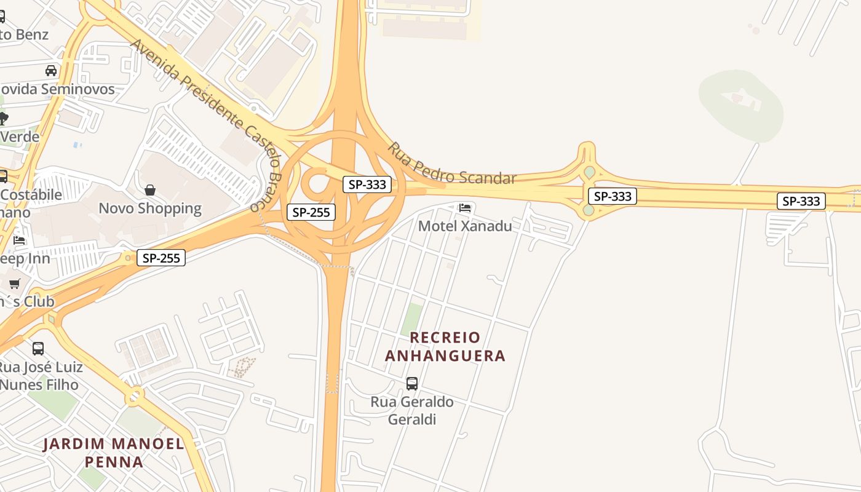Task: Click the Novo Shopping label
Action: tap(150, 208)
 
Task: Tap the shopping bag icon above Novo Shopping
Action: tap(150, 191)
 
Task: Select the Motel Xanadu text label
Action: tap(465, 226)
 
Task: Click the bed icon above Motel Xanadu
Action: tap(465, 208)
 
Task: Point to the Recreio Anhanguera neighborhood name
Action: tap(445, 346)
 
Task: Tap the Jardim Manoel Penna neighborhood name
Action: tap(114, 453)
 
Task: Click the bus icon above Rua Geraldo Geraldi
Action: tap(412, 384)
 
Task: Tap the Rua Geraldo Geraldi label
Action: tap(412, 410)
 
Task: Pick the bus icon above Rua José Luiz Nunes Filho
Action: tap(38, 349)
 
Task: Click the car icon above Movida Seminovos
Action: tap(51, 71)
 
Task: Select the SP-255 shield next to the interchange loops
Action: tap(311, 213)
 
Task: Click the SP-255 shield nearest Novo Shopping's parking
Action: tap(161, 258)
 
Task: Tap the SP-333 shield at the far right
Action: tap(801, 201)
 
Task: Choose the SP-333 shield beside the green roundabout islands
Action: tap(613, 196)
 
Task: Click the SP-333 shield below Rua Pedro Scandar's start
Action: tap(367, 184)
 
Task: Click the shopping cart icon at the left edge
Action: tap(15, 284)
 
